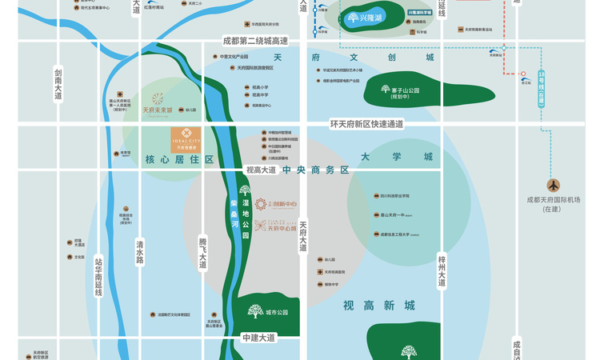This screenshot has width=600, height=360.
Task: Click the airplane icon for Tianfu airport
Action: click(554, 185)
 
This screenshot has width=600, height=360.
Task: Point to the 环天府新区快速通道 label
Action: click(367, 124)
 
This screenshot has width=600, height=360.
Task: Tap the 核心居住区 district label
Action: click(179, 160)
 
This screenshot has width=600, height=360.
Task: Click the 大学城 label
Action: click(396, 157)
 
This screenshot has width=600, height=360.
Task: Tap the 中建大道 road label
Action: click(258, 338)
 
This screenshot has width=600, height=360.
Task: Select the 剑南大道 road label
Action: click(58, 84)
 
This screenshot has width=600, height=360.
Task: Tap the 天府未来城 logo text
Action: click(157, 110)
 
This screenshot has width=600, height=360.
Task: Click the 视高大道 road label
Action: click(260, 170)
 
